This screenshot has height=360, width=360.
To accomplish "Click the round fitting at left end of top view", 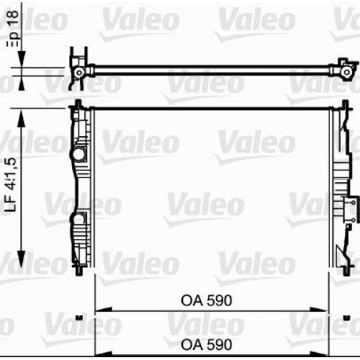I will click(78, 72).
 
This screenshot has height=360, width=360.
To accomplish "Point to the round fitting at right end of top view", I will click(347, 72).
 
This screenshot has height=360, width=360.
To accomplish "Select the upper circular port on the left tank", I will click(78, 153).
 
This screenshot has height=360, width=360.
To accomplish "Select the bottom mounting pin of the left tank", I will click(78, 272).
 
